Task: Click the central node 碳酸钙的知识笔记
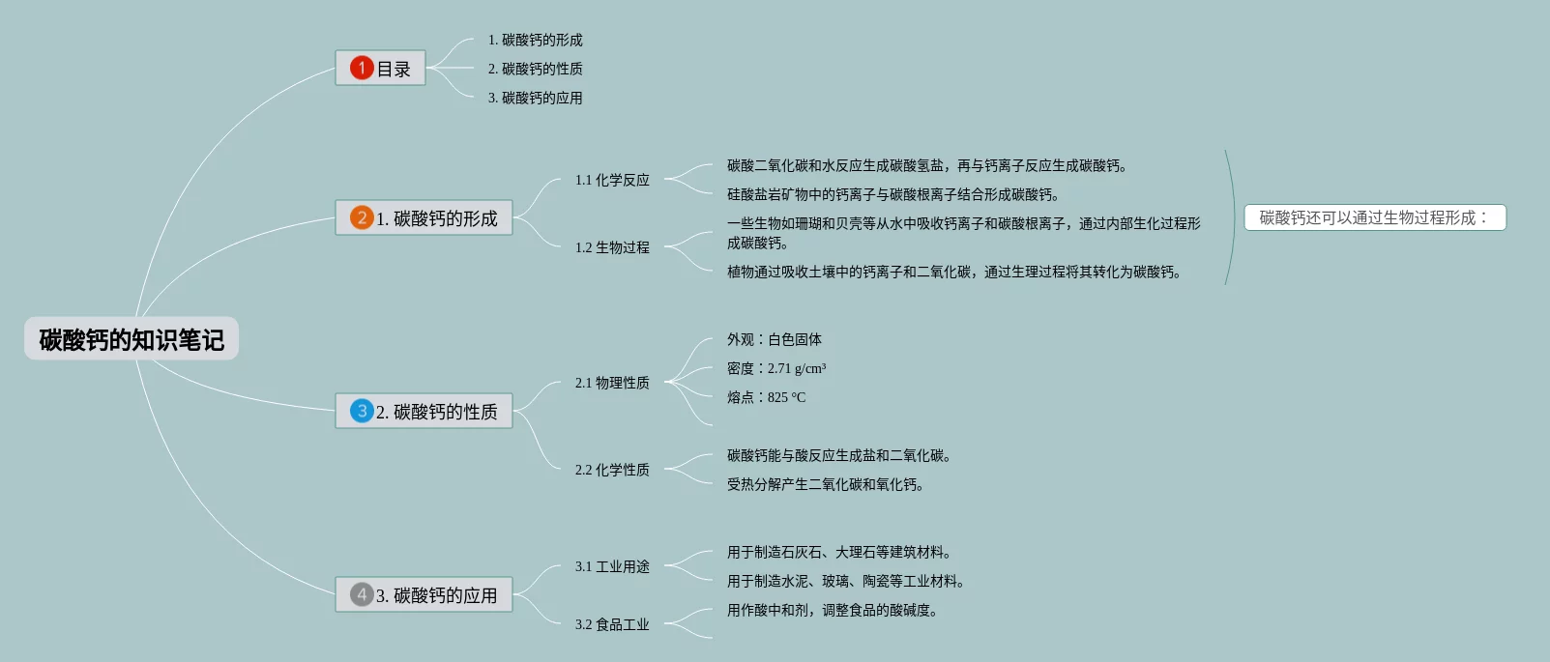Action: point(132,339)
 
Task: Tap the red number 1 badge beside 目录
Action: point(362,68)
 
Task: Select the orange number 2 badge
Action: point(362,217)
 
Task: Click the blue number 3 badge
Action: point(362,411)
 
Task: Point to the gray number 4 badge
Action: point(362,594)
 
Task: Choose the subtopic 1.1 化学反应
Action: point(612,180)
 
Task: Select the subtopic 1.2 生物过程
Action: point(612,247)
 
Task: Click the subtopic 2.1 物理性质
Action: point(612,383)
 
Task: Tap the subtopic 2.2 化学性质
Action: point(612,470)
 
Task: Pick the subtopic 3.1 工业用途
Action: point(612,566)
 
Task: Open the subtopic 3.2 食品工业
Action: point(612,624)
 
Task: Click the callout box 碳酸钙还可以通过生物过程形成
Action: point(1374,217)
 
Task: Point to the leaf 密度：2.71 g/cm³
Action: point(776,368)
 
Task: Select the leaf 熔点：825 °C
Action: point(766,397)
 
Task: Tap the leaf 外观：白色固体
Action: point(775,339)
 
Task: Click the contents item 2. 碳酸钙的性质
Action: point(535,69)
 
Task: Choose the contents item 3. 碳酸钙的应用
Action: point(535,98)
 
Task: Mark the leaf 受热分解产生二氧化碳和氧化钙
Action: point(825,484)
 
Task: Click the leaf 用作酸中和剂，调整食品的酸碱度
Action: point(832,610)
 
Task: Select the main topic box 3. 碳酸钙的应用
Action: point(436,595)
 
